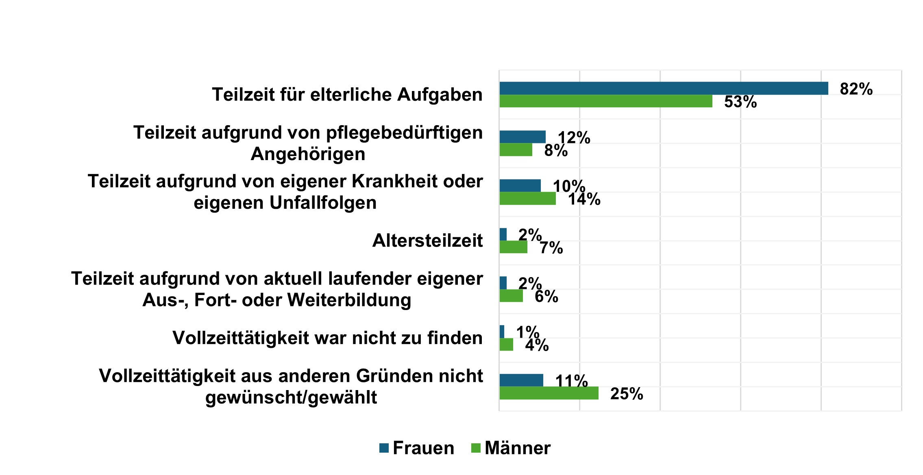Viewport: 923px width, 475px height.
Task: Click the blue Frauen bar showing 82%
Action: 664,88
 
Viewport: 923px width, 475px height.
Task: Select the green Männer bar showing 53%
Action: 606,101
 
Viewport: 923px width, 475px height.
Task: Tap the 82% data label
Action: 856,89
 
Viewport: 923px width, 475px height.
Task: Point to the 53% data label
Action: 740,102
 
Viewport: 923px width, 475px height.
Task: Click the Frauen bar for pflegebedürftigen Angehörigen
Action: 522,137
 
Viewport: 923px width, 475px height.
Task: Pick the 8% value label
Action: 556,151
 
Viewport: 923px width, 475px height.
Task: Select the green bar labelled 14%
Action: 527,199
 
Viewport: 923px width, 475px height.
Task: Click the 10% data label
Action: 569,187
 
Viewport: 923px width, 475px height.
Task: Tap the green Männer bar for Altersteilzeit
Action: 513,247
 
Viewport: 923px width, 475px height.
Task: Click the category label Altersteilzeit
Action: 427,241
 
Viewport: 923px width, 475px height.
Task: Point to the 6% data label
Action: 546,297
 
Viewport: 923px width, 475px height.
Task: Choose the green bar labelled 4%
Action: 506,345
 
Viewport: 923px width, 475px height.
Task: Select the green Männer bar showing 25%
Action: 549,393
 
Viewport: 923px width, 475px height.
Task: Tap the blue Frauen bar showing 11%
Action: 521,380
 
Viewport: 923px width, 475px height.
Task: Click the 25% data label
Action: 627,394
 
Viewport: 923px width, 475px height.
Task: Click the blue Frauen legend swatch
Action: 384,448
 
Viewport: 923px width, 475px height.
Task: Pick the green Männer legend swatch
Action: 476,448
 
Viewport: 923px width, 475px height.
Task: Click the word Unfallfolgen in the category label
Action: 323,203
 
